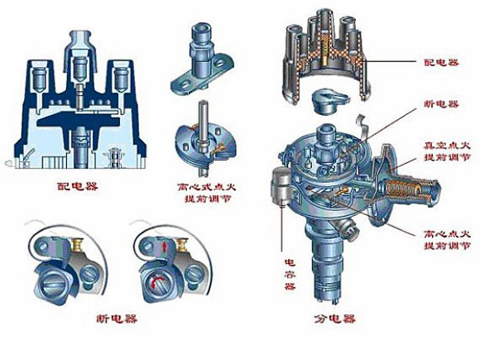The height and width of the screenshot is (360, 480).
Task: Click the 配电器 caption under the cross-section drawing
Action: point(78,186)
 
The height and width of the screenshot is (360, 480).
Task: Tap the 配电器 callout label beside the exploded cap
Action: point(441,62)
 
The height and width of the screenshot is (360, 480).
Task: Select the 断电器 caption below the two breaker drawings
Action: point(117,319)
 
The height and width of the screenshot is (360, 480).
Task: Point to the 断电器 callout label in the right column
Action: point(441,104)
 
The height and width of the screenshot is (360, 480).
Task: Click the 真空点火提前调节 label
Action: point(447,151)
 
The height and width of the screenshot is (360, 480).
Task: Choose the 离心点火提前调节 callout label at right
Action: point(447,240)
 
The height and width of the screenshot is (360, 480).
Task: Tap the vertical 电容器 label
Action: point(290,274)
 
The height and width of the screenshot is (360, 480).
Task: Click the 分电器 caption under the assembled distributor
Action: point(334,319)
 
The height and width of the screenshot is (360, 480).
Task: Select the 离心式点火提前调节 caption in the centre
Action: point(207,193)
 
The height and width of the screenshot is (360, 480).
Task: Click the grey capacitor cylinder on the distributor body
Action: point(281,186)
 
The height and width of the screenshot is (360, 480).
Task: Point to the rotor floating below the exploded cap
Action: point(329,101)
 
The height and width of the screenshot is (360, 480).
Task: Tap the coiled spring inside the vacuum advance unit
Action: point(403,189)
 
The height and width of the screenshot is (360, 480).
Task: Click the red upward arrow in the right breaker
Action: point(165,246)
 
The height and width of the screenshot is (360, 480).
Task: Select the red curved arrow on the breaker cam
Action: point(156,278)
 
